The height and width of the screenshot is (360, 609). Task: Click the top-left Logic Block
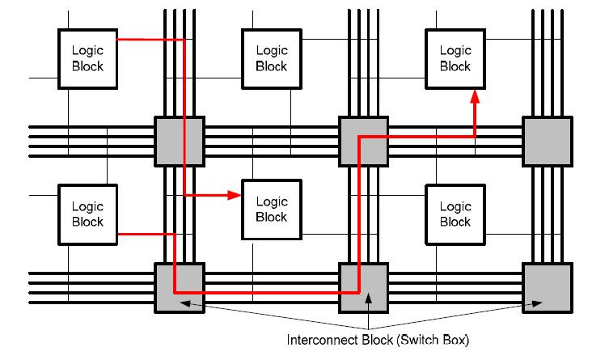click(87, 58)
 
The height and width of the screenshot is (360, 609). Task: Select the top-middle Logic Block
click(272, 58)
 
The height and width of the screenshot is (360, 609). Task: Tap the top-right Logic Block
click(455, 58)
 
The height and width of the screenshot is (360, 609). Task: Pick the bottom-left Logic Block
click(87, 214)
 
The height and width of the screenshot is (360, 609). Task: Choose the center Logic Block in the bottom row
click(272, 210)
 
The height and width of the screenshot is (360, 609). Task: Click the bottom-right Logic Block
click(455, 214)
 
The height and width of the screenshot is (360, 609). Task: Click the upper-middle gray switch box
click(363, 142)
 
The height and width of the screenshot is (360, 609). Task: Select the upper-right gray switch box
click(547, 142)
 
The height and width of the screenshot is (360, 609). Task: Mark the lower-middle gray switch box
click(363, 287)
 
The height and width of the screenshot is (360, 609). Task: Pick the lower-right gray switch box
click(547, 287)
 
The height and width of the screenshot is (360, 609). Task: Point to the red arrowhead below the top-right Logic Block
click(475, 96)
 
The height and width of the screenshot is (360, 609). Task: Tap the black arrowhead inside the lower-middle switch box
click(369, 297)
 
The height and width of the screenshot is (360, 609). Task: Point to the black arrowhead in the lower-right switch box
click(536, 304)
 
